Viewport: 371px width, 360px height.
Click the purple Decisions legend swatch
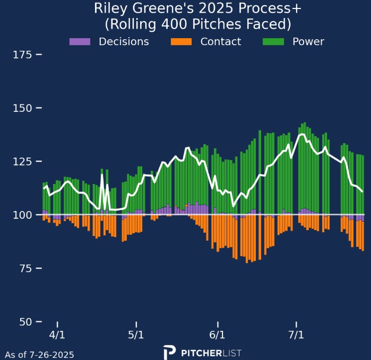coord(80,41)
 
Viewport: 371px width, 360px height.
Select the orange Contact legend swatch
coord(180,41)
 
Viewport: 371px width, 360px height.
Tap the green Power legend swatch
coord(273,41)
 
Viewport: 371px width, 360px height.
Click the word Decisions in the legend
coord(124,41)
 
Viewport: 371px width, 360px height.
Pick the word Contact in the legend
coord(220,41)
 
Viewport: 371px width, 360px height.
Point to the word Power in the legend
coord(308,41)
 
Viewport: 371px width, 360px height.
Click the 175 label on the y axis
coord(23,55)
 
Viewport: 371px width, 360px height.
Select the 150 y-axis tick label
coord(23,108)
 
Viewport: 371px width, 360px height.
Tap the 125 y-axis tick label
coord(23,161)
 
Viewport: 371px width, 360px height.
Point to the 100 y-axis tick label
coord(23,215)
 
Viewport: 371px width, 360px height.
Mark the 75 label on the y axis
coord(26,268)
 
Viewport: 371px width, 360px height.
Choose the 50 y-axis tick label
coord(26,322)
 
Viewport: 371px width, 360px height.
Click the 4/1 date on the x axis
coord(57,335)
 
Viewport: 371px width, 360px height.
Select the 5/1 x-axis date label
coord(136,335)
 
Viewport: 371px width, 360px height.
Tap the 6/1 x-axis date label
coord(218,335)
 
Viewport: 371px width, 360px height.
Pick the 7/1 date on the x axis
coord(296,335)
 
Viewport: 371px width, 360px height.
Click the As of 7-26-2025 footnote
coord(39,355)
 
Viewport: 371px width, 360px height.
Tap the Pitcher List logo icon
coord(169,353)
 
